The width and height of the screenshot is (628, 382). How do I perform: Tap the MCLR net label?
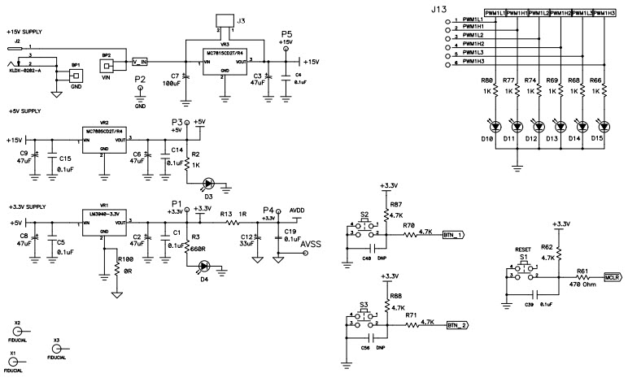(613, 276)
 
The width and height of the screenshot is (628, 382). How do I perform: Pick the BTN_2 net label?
(457, 325)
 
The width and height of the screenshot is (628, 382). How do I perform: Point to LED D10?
(492, 126)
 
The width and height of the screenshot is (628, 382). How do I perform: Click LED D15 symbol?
(603, 126)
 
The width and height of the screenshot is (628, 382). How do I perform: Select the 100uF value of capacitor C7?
(172, 85)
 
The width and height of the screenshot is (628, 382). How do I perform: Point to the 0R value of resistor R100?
(124, 267)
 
